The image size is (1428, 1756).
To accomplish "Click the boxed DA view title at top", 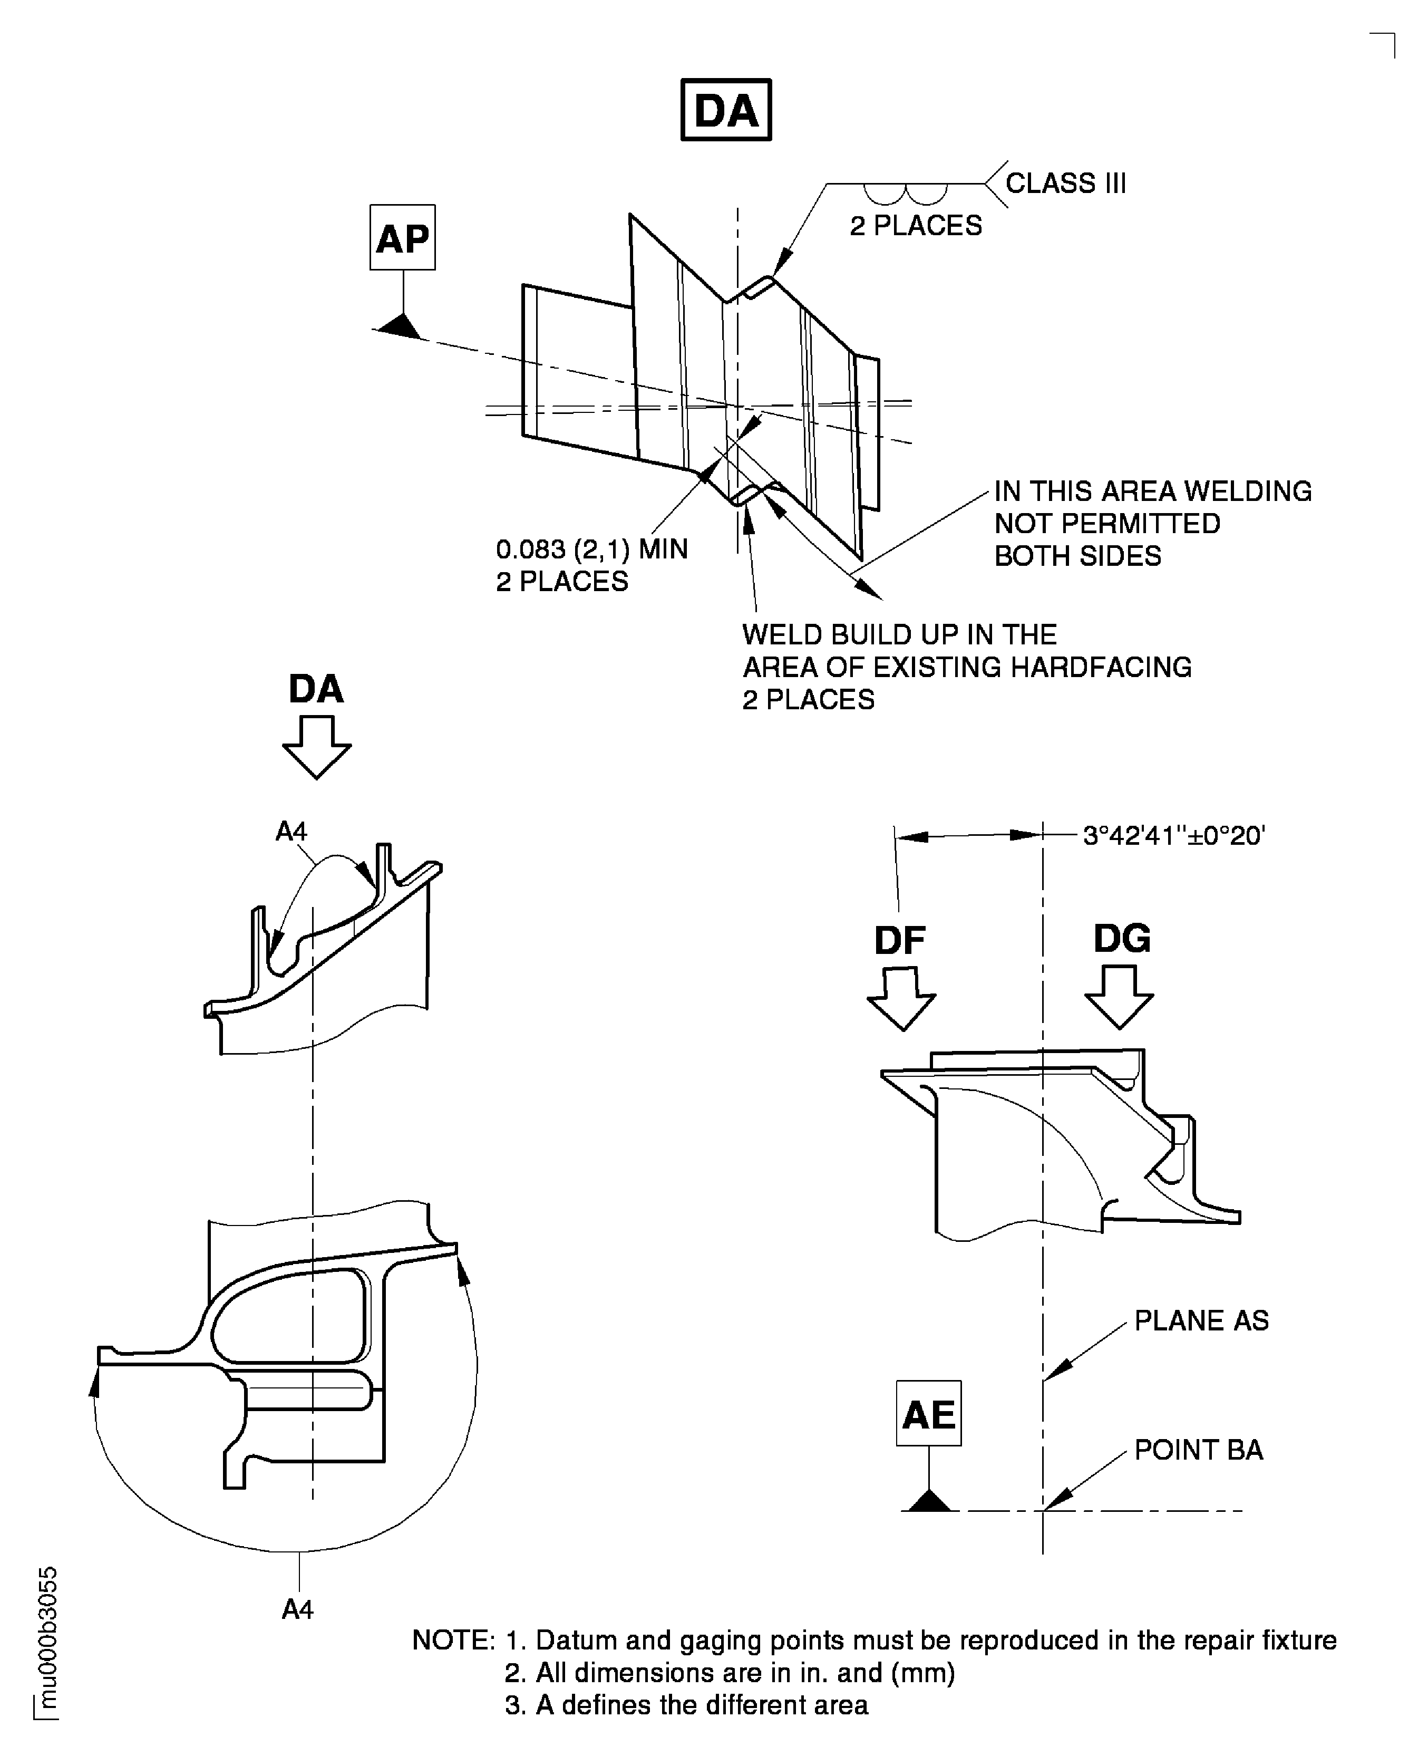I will [725, 110].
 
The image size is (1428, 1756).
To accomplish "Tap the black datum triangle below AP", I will [402, 326].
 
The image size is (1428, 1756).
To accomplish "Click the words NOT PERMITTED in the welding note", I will [1107, 523].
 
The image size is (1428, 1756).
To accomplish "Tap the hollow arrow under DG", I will [1119, 997].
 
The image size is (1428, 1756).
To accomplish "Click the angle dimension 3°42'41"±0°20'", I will [1173, 836].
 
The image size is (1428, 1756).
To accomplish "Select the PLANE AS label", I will [1201, 1321].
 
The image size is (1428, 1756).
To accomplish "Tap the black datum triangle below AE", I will [929, 1502].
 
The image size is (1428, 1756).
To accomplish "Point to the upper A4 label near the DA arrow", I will [291, 832].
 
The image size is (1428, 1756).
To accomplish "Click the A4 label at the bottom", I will [298, 1609].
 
